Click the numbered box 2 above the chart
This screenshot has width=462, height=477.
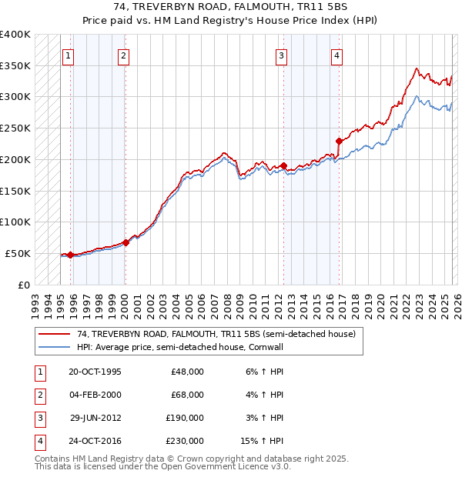click(124, 55)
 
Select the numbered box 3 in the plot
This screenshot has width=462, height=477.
click(283, 55)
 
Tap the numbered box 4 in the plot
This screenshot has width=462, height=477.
click(338, 55)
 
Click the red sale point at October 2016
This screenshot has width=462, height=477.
click(339, 141)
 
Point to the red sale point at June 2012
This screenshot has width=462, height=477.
click(283, 165)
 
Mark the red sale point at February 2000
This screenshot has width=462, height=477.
click(126, 242)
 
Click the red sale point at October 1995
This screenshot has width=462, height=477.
click(70, 255)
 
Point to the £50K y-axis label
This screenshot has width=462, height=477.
click(18, 253)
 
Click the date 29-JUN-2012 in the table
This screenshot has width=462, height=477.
click(95, 419)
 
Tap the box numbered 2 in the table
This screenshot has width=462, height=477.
click(38, 395)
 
